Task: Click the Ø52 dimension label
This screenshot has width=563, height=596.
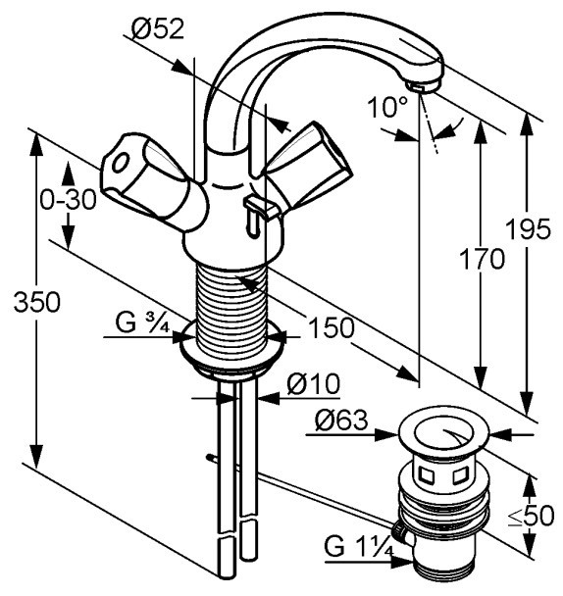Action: pyautogui.click(x=158, y=28)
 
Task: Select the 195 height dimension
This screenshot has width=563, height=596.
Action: pyautogui.click(x=528, y=228)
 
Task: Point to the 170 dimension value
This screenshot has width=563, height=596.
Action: pyautogui.click(x=482, y=259)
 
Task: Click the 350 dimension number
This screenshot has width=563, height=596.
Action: pyautogui.click(x=37, y=302)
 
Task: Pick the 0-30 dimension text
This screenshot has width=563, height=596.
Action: pyautogui.click(x=68, y=200)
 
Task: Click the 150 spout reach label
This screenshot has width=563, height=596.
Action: pyautogui.click(x=332, y=327)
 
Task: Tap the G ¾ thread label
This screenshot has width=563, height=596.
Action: pyautogui.click(x=142, y=323)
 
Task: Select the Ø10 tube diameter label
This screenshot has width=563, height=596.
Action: pyautogui.click(x=313, y=384)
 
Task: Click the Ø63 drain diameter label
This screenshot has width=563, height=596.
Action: pyautogui.click(x=341, y=421)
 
